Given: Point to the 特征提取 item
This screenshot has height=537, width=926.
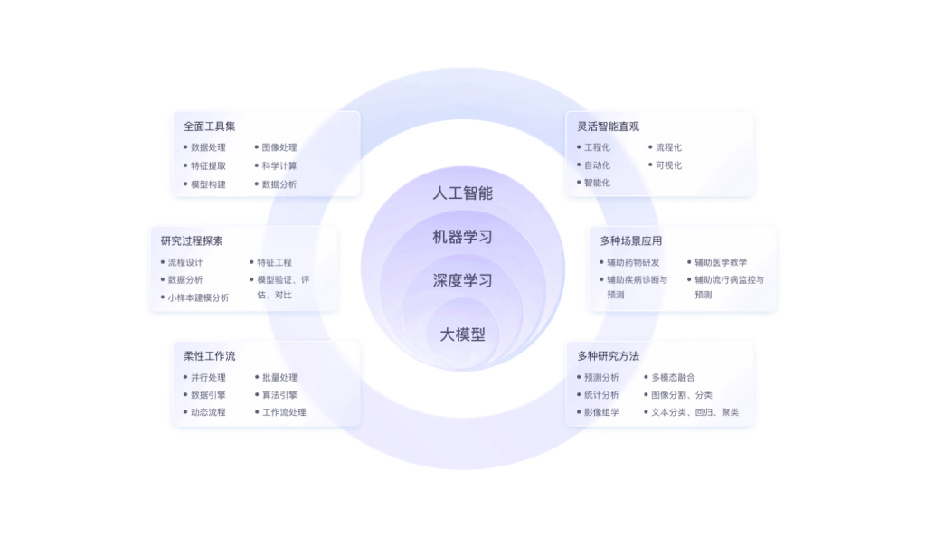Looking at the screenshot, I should [208, 165].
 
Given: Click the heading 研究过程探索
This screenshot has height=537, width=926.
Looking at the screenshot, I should [192, 241].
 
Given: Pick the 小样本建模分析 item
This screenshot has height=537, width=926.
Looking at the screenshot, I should [198, 297].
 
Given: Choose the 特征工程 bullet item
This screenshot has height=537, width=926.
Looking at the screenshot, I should [274, 262].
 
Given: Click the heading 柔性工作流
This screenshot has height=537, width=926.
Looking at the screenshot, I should [209, 356].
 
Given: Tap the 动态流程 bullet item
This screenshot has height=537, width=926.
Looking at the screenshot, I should [208, 412].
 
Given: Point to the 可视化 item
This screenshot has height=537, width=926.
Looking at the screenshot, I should [668, 165].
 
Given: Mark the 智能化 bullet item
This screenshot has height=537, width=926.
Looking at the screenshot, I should [597, 183].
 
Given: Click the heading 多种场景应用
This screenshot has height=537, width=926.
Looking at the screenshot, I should [631, 241].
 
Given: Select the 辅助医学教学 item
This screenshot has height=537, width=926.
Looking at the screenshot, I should [721, 262].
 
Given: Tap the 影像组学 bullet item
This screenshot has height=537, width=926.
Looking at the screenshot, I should [601, 412].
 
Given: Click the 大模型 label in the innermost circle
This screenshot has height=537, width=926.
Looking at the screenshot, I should [463, 335].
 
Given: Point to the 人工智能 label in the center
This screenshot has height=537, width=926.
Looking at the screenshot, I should [463, 193].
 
